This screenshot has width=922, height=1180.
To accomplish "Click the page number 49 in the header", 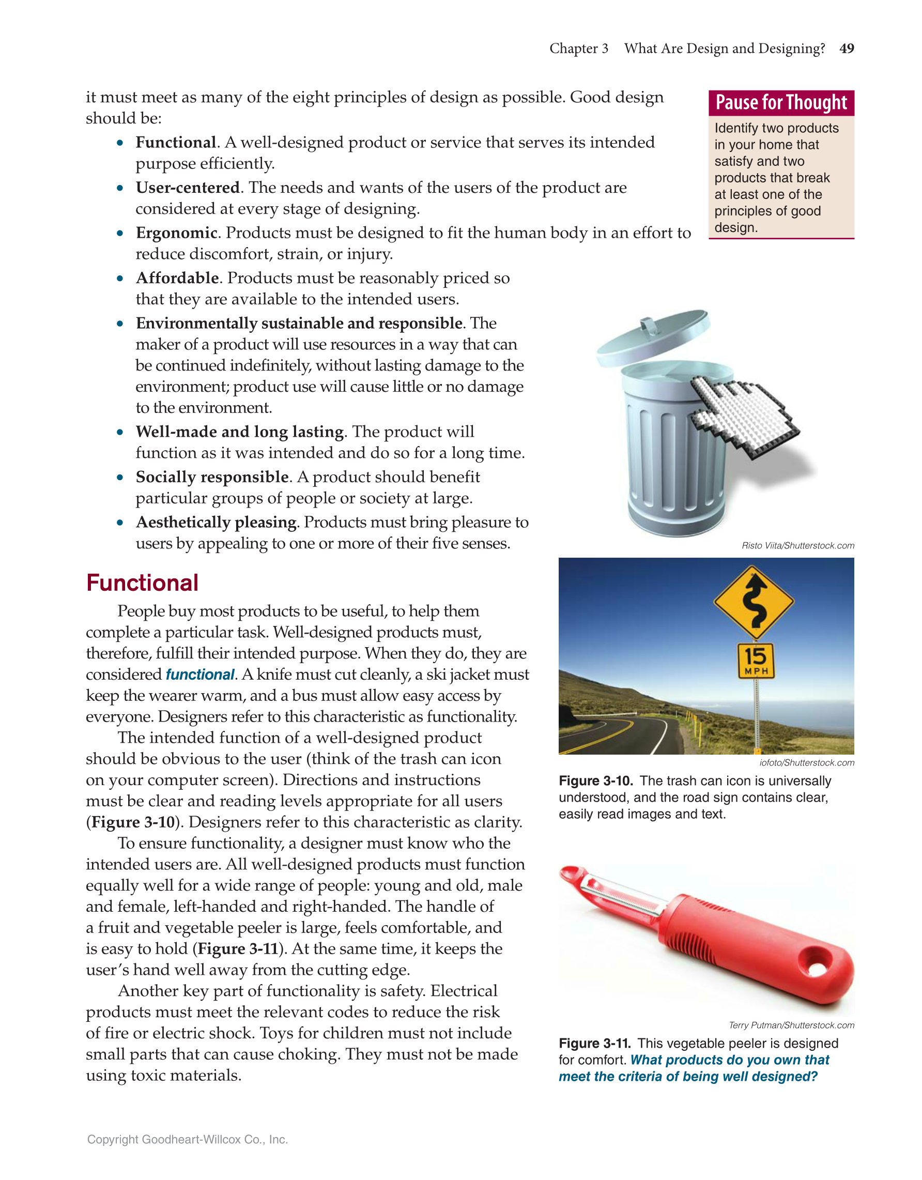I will [x=847, y=49].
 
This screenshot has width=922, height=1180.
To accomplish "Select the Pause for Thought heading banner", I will [x=781, y=103].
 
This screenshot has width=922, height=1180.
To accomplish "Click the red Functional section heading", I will [x=143, y=583].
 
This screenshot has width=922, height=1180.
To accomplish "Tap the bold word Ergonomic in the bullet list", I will [x=176, y=233].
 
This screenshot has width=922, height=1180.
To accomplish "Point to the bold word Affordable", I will [x=177, y=278].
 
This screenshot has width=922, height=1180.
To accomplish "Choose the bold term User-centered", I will [x=188, y=188].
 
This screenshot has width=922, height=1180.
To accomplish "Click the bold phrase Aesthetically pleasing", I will [x=216, y=523].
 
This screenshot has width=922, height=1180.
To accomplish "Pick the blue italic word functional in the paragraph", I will [x=200, y=675].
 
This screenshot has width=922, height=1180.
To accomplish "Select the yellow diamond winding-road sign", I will [x=754, y=603].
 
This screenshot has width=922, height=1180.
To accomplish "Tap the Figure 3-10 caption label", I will [x=595, y=781].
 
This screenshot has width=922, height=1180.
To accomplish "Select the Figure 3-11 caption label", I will [x=595, y=1044].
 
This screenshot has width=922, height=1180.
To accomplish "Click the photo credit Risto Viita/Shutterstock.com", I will [x=798, y=546].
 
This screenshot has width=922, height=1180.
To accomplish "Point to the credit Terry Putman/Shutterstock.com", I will [x=791, y=1025].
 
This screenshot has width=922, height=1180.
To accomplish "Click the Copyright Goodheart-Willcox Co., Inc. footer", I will [x=188, y=1140].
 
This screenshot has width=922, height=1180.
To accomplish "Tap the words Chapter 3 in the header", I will [x=578, y=49].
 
